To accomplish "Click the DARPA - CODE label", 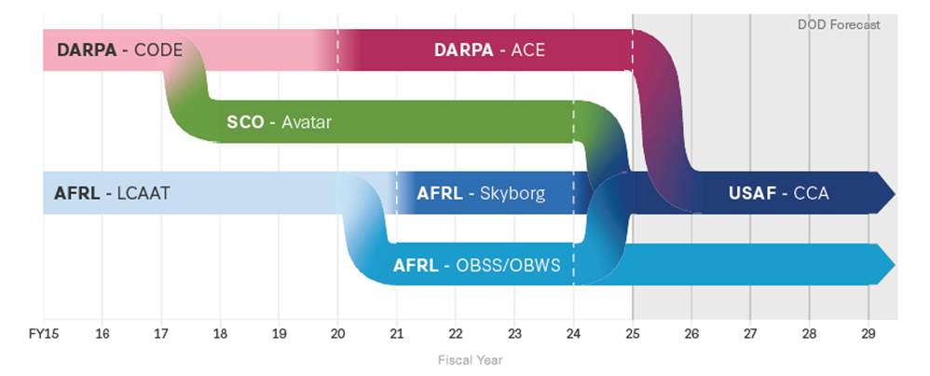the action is (120, 49).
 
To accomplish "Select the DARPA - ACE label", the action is (489, 49).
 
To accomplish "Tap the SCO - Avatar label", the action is (279, 122).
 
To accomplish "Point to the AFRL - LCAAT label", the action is (112, 194).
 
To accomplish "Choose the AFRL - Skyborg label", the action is (481, 194).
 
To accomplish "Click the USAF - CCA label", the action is (779, 194).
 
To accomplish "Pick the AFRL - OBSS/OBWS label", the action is (476, 265).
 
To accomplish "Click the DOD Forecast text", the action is (839, 25).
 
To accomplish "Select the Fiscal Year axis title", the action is (471, 360).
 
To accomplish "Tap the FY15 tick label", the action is (43, 334).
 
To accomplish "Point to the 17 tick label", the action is (160, 334).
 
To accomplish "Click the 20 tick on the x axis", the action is (338, 334).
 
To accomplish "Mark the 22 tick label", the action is (456, 334).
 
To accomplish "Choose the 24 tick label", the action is (573, 334).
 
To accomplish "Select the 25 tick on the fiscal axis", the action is (632, 334).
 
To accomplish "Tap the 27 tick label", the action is (750, 334).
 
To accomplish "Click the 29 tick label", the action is (868, 334).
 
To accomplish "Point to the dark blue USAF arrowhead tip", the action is (895, 193).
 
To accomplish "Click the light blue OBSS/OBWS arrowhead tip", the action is (895, 264).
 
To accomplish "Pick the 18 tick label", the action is (220, 334).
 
